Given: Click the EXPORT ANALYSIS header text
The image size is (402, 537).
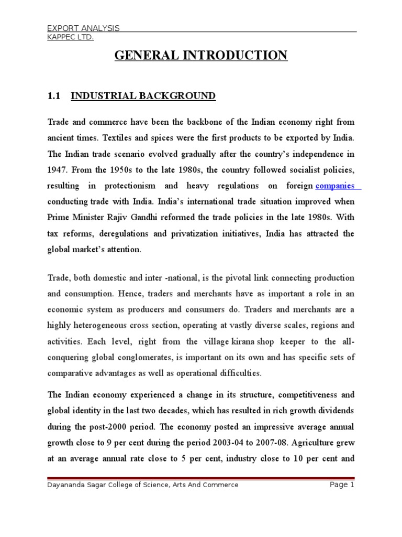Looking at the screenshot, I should pyautogui.click(x=84, y=28).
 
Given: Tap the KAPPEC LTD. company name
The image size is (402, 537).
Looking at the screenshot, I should pyautogui.click(x=71, y=37).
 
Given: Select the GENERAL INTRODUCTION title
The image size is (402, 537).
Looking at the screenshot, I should pyautogui.click(x=201, y=55).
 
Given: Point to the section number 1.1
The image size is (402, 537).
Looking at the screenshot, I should pyautogui.click(x=54, y=96).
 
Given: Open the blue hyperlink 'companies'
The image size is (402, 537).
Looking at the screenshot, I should pyautogui.click(x=335, y=186).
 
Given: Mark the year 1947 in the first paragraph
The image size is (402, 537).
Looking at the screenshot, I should pyautogui.click(x=57, y=170).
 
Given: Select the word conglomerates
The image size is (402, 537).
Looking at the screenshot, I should pyautogui.click(x=143, y=358).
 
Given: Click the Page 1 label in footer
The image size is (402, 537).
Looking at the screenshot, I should pyautogui.click(x=342, y=485).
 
